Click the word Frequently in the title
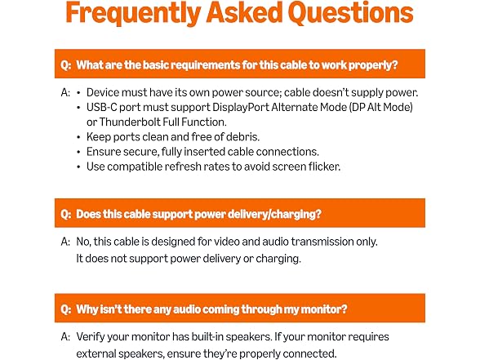point(133,13)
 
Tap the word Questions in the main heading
point(350,12)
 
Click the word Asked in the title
point(244,12)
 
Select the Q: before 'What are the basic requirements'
point(66,65)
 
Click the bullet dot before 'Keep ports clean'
point(78,137)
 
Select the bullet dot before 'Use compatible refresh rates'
point(78,167)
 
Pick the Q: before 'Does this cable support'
point(66,214)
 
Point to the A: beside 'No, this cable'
point(65,242)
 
